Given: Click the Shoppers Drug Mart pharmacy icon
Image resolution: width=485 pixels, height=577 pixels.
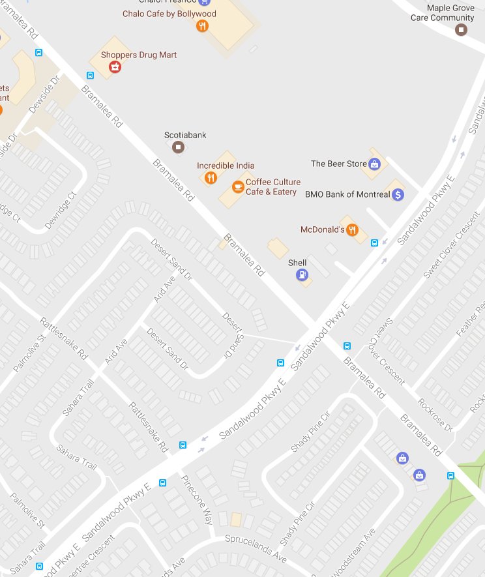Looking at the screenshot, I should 115,67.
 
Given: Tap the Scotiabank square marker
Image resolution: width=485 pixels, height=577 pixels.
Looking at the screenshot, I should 178,147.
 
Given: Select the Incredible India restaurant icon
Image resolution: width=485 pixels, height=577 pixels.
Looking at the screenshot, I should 211,177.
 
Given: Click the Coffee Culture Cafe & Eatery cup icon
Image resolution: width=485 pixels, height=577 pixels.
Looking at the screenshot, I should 239,187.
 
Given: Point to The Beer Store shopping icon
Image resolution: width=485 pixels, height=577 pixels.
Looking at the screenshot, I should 374,164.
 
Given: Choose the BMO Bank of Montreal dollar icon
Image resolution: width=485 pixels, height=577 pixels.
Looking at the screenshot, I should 398,194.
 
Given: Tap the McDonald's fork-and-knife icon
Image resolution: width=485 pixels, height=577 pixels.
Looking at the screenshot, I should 352,229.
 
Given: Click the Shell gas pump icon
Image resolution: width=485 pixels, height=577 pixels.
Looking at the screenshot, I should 302,275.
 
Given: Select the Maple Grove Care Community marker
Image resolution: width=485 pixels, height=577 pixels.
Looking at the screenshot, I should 462,29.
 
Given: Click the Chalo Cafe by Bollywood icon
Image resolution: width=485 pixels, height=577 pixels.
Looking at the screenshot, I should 202,26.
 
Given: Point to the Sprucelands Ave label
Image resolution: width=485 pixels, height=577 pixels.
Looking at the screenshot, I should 256,549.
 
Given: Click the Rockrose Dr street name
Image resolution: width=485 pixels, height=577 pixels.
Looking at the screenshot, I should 435,415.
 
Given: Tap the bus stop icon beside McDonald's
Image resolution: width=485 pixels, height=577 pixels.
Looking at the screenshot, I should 374,243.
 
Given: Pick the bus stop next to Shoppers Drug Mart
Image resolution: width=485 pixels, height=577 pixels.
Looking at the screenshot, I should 90,75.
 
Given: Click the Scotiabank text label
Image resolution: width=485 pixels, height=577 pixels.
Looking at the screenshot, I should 185,135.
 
